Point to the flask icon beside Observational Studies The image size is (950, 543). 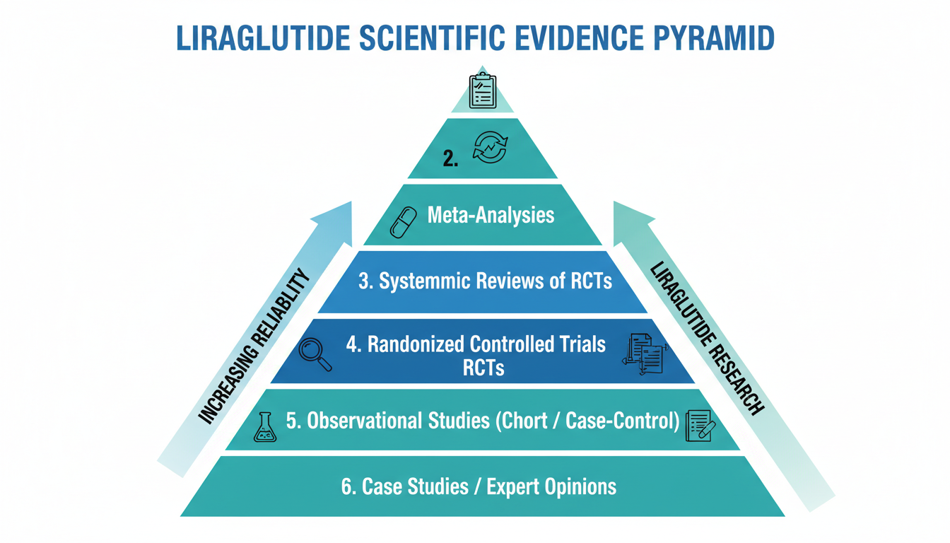click(x=264, y=428)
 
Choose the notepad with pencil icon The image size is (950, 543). click(x=700, y=426)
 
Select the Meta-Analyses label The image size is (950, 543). click(x=491, y=214)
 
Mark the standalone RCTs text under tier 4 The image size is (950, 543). click(x=483, y=367)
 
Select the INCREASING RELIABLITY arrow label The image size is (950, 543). click(x=254, y=346)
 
